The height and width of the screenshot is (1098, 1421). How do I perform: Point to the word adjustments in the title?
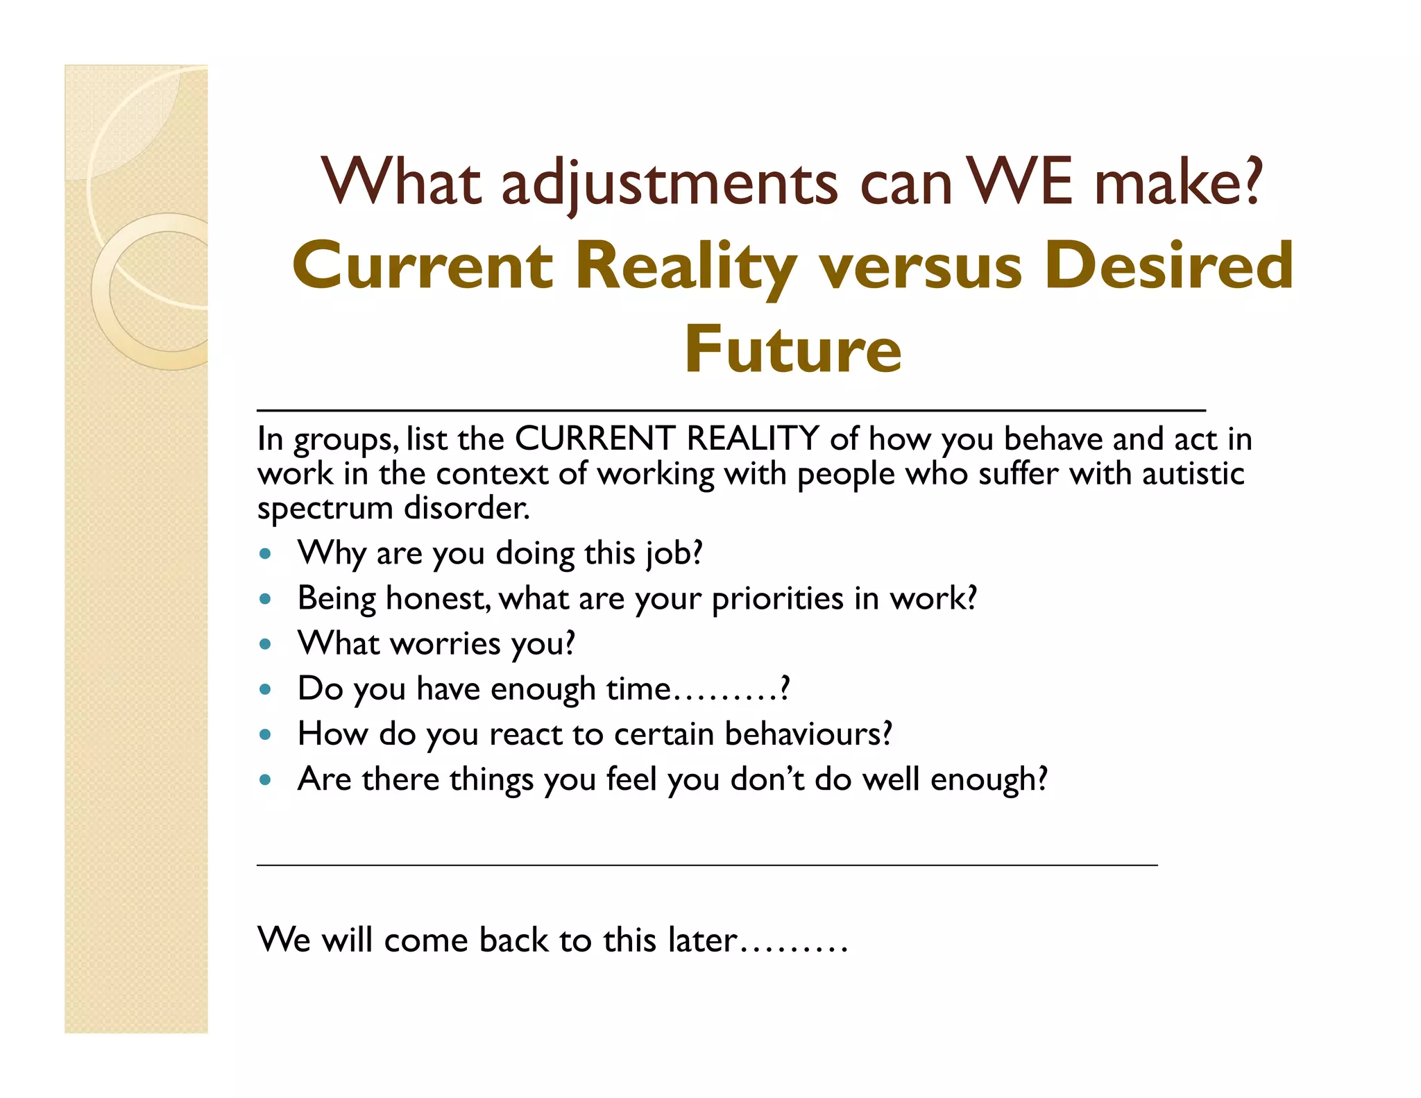point(669,185)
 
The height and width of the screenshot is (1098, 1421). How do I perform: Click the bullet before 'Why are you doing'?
point(264,555)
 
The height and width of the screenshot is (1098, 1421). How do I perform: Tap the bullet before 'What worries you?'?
point(264,644)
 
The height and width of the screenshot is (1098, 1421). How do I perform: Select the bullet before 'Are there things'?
point(264,779)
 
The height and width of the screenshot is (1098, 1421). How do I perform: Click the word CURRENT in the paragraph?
point(595,439)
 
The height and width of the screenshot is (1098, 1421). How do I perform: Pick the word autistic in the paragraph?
point(1193,474)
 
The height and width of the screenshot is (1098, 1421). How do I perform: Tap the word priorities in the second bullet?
point(777,599)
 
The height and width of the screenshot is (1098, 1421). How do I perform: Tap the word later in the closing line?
point(701,940)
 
